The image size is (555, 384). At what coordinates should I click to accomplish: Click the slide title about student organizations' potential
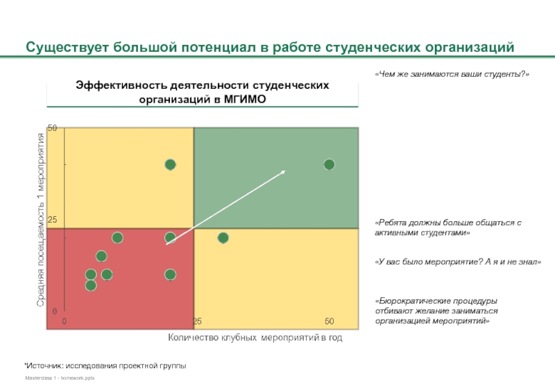point(271,49)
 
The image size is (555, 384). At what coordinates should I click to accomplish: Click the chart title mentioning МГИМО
point(203,91)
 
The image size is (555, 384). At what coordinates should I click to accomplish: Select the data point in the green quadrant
point(329,164)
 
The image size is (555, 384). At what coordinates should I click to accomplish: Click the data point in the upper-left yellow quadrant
point(170,165)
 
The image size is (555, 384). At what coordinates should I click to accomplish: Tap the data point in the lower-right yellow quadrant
point(223,238)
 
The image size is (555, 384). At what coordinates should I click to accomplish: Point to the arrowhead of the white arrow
point(283,171)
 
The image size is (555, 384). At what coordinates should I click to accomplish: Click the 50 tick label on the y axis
point(52,128)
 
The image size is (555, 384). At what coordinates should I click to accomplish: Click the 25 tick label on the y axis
point(52,220)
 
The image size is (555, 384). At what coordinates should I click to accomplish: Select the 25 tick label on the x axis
point(197,322)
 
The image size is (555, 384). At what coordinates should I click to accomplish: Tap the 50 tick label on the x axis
point(330,322)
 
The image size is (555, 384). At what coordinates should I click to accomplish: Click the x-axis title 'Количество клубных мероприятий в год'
point(255,338)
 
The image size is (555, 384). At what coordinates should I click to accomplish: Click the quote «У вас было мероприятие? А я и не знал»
point(457,262)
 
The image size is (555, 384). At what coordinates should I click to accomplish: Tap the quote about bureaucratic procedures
point(436,311)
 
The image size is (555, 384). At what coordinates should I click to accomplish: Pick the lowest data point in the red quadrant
point(90,285)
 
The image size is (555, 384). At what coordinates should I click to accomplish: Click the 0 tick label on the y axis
point(54,311)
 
